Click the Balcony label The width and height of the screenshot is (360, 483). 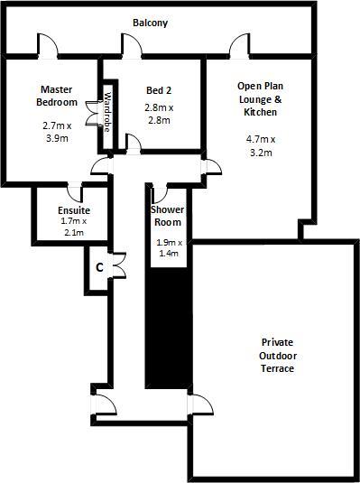coord(151,23)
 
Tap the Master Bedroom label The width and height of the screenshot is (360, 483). coord(57,96)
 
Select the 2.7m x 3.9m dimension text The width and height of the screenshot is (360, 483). coord(57,132)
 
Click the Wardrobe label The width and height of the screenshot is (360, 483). coord(107,112)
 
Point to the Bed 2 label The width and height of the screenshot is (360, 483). coord(159,90)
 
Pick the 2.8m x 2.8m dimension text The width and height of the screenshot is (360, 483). coord(159,114)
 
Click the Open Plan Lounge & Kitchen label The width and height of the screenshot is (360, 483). coord(260,99)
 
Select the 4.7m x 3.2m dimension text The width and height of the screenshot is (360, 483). coord(261,146)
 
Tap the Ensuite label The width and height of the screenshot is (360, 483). coord(74,210)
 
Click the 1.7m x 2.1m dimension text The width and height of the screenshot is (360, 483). coord(74,227)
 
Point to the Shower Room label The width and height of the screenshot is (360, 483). coord(167,216)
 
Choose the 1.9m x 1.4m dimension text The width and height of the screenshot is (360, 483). coord(169,248)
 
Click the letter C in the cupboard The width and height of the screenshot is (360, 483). coord(99,268)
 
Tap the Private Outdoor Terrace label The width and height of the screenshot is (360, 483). coord(278,355)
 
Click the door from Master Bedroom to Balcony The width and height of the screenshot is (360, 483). coord(48,46)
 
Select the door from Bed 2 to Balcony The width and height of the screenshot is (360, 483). coord(132,46)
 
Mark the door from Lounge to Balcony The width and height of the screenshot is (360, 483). coord(239,46)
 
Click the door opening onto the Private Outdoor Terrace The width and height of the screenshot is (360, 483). coord(200,404)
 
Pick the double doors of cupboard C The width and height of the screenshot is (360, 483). coord(119,265)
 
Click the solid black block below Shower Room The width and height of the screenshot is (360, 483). coord(169,328)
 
